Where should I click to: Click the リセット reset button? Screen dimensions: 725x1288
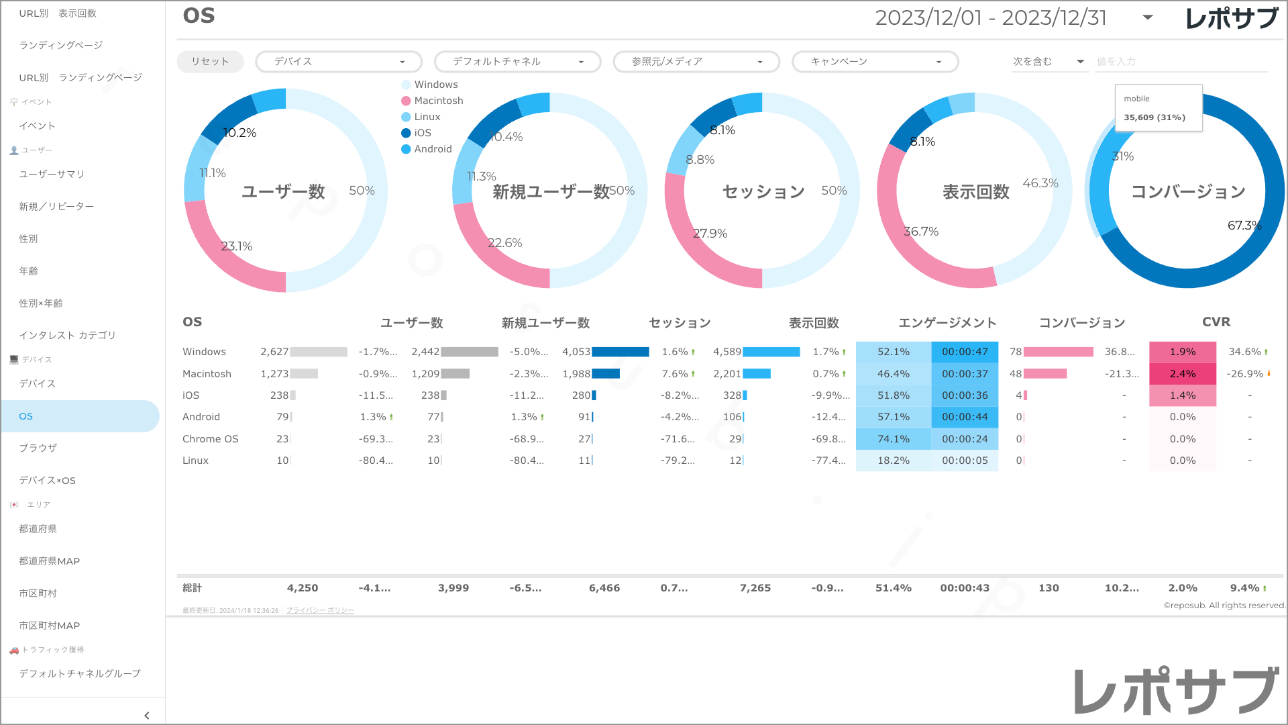click(x=210, y=61)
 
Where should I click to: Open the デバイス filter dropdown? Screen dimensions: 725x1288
click(x=339, y=61)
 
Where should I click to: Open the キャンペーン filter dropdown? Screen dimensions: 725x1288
click(x=875, y=61)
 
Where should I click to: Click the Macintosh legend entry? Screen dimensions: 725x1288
click(x=438, y=101)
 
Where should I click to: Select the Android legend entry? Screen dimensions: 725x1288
click(x=433, y=149)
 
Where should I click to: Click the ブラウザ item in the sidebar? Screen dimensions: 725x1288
click(x=38, y=448)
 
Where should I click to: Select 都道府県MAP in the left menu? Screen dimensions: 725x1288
click(x=50, y=561)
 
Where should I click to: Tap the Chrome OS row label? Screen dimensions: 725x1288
click(x=211, y=439)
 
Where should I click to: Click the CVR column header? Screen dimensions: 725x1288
click(x=1216, y=322)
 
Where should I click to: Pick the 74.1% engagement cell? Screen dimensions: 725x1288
click(x=894, y=439)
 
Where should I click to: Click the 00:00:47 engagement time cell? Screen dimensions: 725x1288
click(x=965, y=352)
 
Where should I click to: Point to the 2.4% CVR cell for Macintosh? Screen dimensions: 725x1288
click(x=1183, y=374)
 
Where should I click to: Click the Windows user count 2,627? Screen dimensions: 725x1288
click(x=274, y=352)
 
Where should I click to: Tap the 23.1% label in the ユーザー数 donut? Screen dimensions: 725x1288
click(x=237, y=246)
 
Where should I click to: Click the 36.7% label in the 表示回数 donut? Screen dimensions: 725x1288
click(x=921, y=232)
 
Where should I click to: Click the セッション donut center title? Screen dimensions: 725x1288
click(x=763, y=192)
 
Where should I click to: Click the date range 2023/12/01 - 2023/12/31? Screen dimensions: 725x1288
click(x=991, y=18)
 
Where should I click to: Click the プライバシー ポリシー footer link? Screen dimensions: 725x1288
click(x=320, y=610)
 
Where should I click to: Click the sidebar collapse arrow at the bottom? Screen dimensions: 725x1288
click(x=147, y=716)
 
